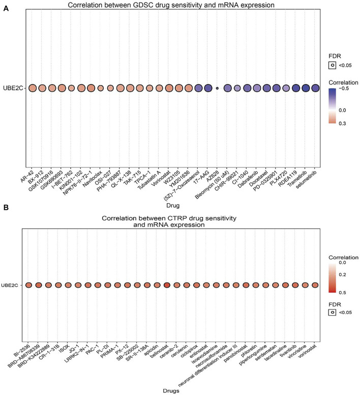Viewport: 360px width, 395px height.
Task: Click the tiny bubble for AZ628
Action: pyautogui.click(x=217, y=88)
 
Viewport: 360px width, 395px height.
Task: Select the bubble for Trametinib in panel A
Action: pyautogui.click(x=305, y=88)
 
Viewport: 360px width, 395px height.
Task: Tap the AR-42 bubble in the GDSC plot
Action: pyautogui.click(x=32, y=88)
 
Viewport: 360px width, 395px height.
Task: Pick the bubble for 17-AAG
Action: pyautogui.click(x=207, y=88)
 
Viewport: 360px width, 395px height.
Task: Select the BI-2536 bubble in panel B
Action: pyautogui.click(x=28, y=285)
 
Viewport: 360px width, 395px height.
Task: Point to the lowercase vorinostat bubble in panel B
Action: pyautogui.click(x=315, y=285)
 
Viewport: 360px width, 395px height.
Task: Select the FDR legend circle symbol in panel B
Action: pyautogui.click(x=332, y=313)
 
